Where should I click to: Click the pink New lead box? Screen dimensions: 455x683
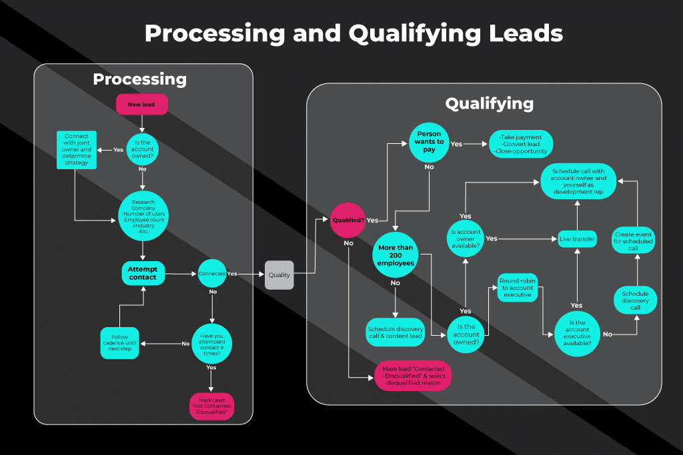click(x=141, y=105)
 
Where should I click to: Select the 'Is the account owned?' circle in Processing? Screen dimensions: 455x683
click(x=142, y=150)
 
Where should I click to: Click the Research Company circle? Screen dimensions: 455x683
click(x=143, y=215)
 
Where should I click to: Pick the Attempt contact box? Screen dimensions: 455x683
click(x=143, y=273)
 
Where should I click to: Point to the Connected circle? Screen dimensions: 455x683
click(x=212, y=274)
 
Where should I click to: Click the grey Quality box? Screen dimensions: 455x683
click(x=279, y=274)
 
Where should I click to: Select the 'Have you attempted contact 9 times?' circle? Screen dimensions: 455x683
click(x=211, y=344)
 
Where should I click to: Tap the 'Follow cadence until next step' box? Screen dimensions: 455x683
click(x=120, y=343)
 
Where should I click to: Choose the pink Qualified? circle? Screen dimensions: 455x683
click(x=348, y=219)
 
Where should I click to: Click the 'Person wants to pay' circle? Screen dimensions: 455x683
click(x=429, y=142)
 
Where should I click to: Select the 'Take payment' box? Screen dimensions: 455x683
click(x=521, y=144)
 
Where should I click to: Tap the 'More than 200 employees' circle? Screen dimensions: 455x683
click(x=396, y=255)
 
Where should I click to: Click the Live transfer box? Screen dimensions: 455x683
click(x=577, y=238)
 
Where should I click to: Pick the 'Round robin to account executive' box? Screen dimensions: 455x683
click(x=517, y=287)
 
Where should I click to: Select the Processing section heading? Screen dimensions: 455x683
click(x=140, y=79)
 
